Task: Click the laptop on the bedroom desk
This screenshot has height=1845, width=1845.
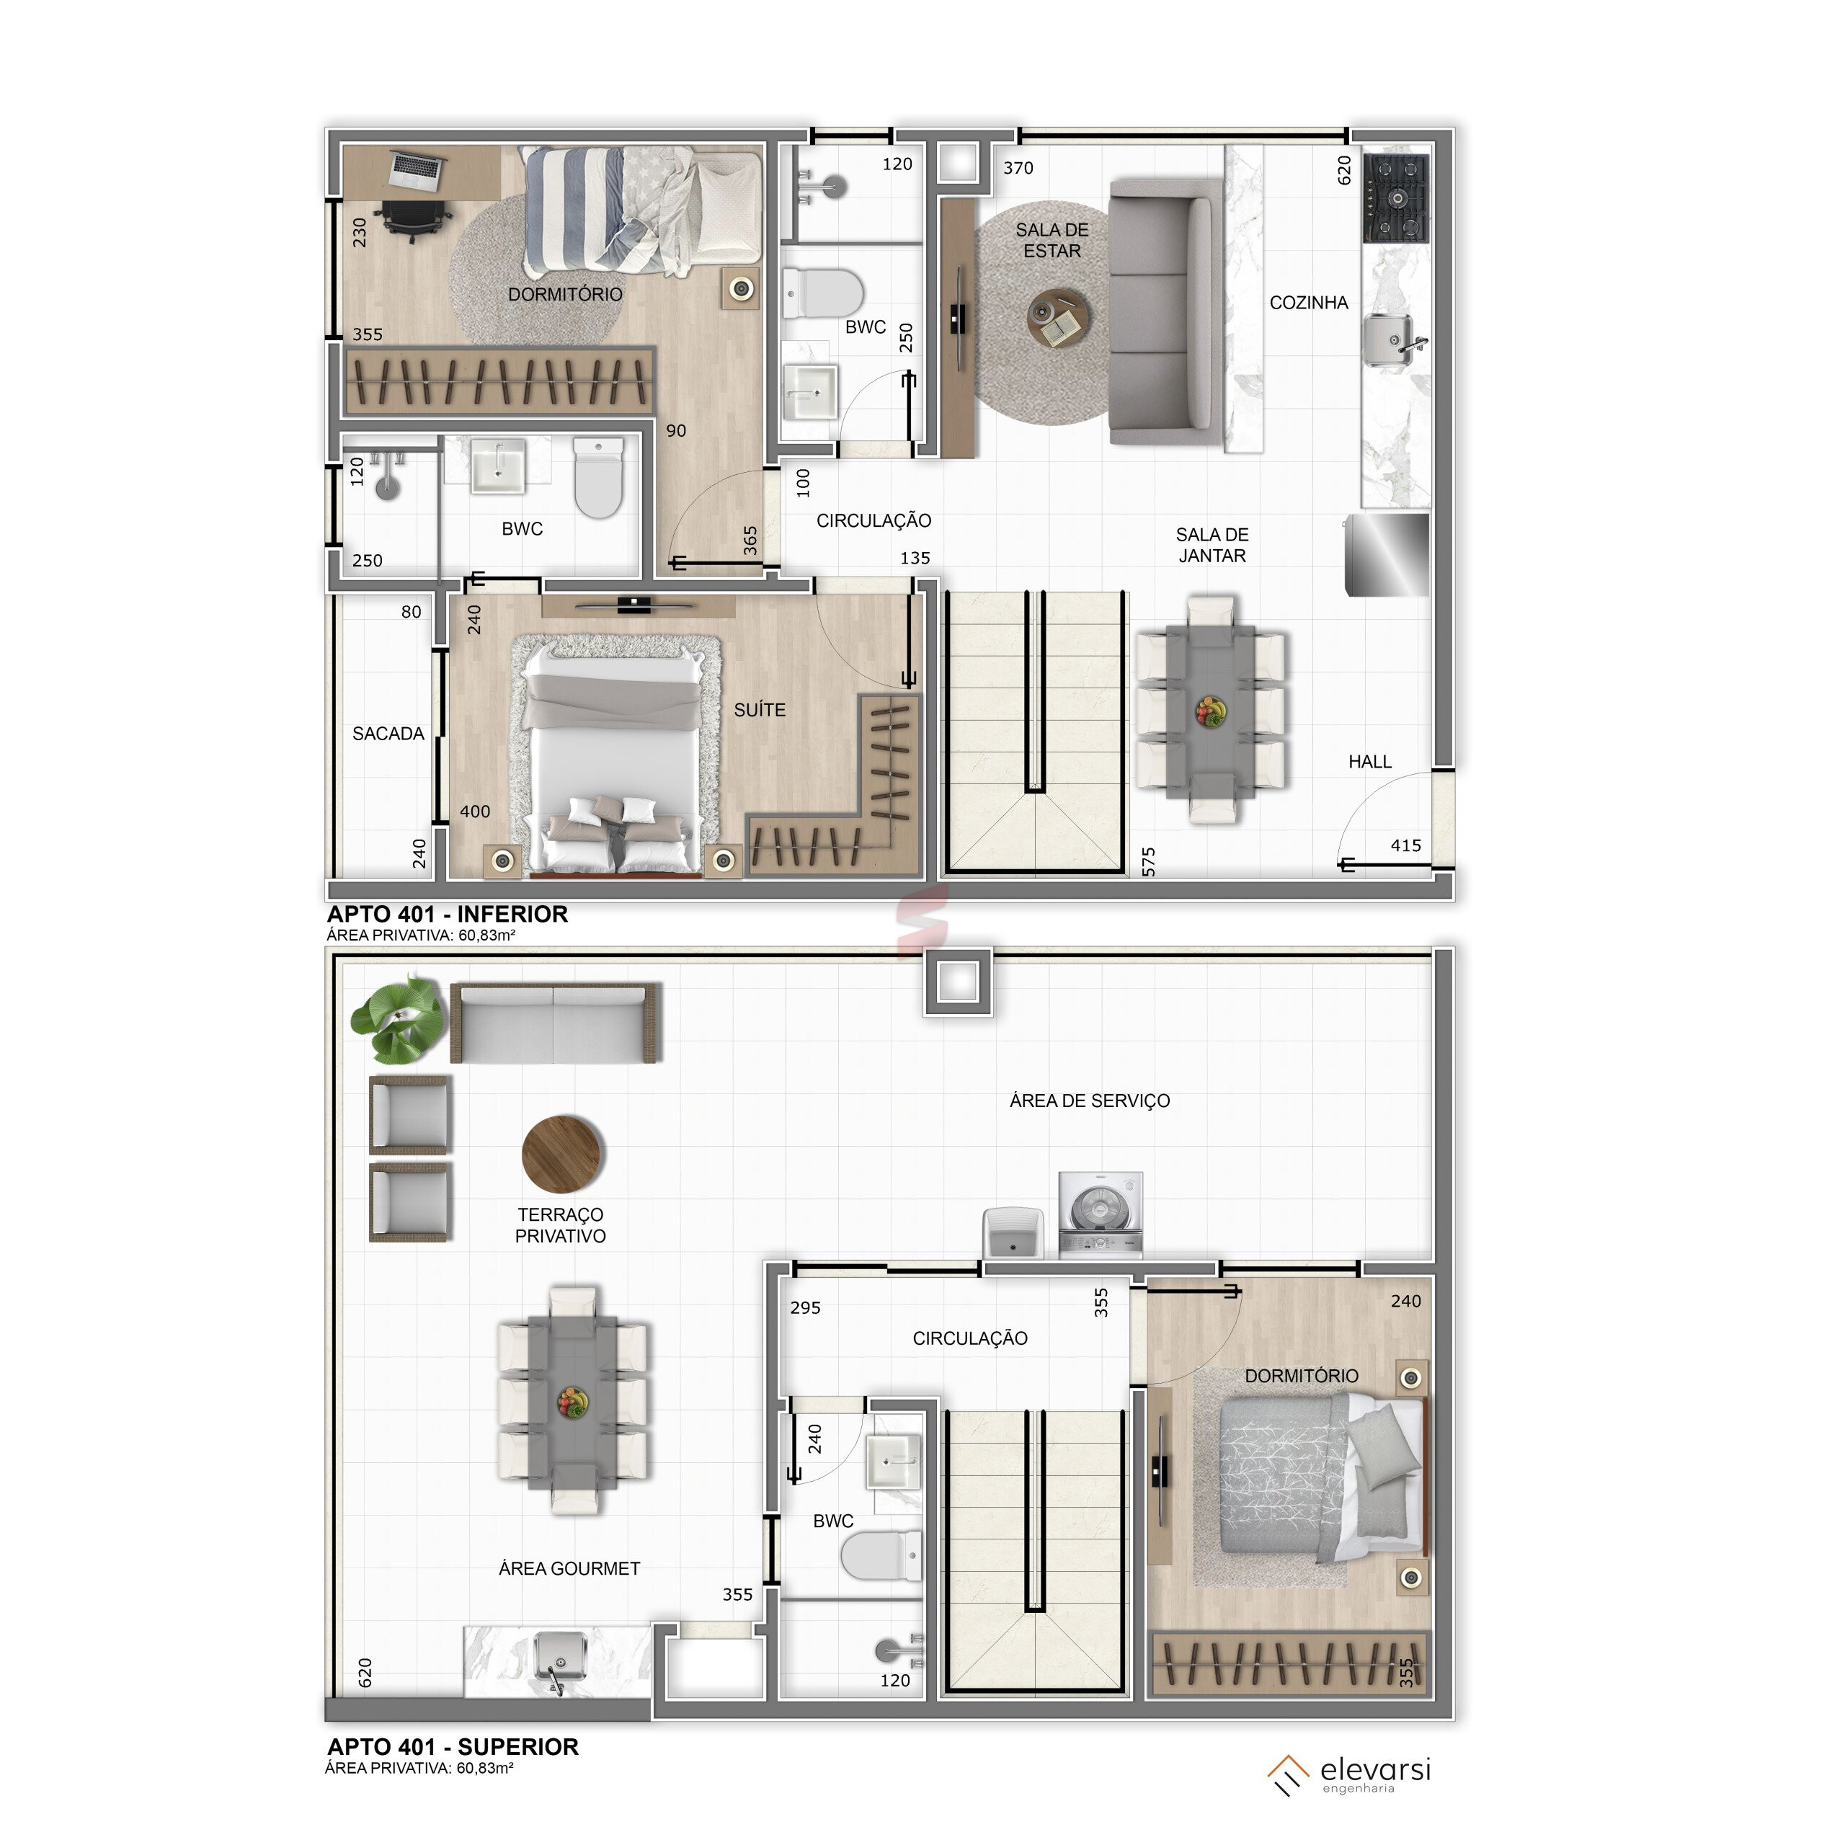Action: tap(417, 169)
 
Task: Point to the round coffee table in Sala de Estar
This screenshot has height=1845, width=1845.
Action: tap(1057, 317)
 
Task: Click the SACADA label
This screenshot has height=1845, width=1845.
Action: tap(388, 734)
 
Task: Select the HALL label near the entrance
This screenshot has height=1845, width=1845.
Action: tap(1369, 761)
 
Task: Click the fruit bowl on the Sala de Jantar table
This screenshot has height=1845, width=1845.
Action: tap(1211, 711)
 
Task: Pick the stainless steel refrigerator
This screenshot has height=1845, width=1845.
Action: tap(1387, 555)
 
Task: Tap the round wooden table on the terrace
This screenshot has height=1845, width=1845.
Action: tap(562, 1154)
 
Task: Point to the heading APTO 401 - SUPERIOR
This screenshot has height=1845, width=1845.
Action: tap(453, 1747)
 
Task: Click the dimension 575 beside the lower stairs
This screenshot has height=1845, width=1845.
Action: tap(1149, 861)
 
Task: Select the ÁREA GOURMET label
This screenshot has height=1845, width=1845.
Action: tap(569, 1568)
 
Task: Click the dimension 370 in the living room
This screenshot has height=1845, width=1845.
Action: tap(1018, 168)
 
